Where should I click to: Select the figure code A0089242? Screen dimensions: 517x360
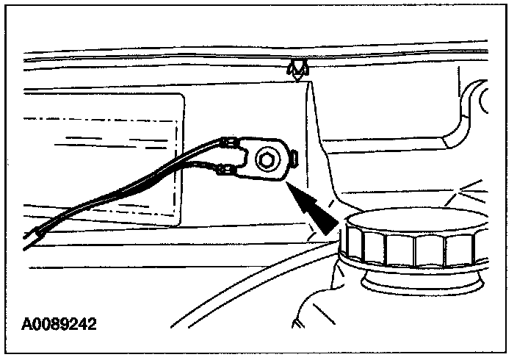(59, 323)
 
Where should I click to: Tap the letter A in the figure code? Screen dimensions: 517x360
(27, 323)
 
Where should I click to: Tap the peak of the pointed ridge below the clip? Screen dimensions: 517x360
(309, 83)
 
